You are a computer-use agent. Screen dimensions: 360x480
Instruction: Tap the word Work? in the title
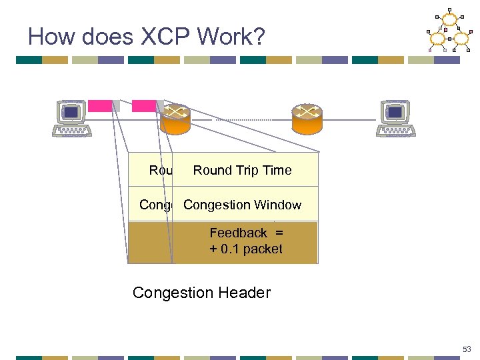pyautogui.click(x=234, y=36)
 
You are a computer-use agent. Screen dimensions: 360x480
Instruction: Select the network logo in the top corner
pyautogui.click(x=447, y=30)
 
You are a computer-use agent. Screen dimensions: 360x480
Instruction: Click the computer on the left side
pyautogui.click(x=73, y=119)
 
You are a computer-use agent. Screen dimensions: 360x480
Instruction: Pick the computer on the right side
pyautogui.click(x=396, y=119)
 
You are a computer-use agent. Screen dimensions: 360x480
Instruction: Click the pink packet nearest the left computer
pyautogui.click(x=101, y=105)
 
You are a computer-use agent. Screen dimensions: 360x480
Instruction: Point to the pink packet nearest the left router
pyautogui.click(x=143, y=105)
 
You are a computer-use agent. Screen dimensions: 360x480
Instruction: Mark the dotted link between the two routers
pyautogui.click(x=240, y=119)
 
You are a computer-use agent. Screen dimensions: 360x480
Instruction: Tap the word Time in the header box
pyautogui.click(x=277, y=171)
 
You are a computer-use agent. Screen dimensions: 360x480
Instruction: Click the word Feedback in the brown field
pyautogui.click(x=238, y=233)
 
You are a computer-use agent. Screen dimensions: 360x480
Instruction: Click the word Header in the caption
pyautogui.click(x=247, y=293)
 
